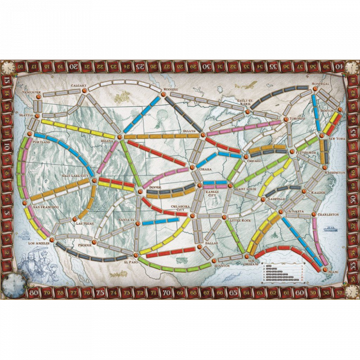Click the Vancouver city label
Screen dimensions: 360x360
tap(31, 92)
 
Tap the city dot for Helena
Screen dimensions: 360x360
tap(119, 137)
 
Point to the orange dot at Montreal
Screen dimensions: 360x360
tap(315, 89)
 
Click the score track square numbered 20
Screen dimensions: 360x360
tap(74, 66)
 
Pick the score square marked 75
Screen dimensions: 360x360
tap(100, 293)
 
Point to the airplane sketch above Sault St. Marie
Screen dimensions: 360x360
tap(251, 84)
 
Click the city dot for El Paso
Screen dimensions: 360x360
tap(135, 255)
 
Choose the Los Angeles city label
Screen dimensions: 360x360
tap(39, 242)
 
